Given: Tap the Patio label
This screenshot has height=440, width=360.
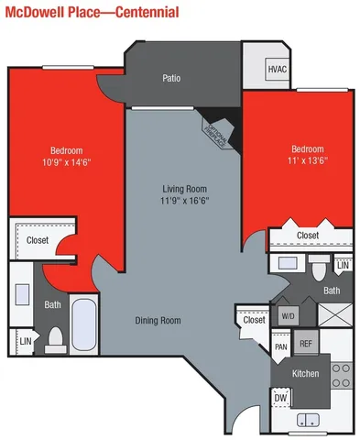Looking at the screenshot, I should pos(170,78).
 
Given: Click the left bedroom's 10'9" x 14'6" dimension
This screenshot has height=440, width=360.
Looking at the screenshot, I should pos(67,162).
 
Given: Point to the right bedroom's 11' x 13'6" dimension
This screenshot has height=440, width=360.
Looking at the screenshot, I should pos(307,161).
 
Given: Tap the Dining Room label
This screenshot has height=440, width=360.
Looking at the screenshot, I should pos(158,320).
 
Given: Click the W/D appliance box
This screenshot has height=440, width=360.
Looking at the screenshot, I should pos(288,315).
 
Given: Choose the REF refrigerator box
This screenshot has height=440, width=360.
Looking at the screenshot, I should pos(306,344).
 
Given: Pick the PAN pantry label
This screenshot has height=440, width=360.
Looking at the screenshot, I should pos(281,347).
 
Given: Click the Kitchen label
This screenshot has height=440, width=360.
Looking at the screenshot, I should pos(305,373).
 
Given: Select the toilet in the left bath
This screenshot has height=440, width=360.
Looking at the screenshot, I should pos(56,339).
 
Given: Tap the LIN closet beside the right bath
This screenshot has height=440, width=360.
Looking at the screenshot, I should pos(342,266).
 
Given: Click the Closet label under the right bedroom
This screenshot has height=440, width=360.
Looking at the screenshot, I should pos(308,236).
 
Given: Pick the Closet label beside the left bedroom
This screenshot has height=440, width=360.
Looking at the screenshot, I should pos(38,240).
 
